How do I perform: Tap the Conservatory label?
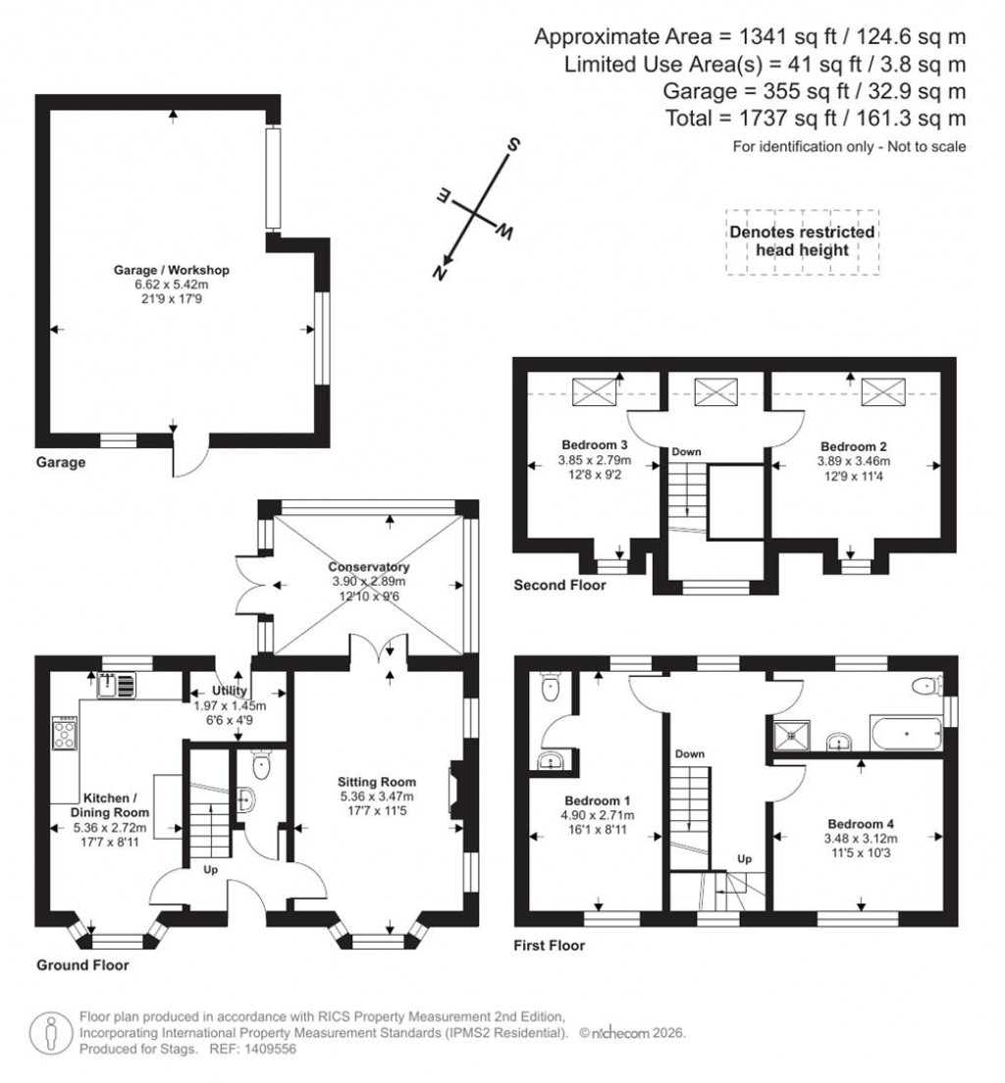tap(369, 567)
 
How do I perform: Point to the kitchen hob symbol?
tap(66, 733)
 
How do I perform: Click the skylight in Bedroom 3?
tap(595, 392)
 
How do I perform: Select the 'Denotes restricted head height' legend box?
tap(802, 242)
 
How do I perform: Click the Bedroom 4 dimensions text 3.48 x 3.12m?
tap(862, 839)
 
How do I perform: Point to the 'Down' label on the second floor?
tap(687, 451)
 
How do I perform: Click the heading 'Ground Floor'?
tap(82, 965)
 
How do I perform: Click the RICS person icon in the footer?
tap(51, 1033)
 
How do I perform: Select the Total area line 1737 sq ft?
tap(841, 119)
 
